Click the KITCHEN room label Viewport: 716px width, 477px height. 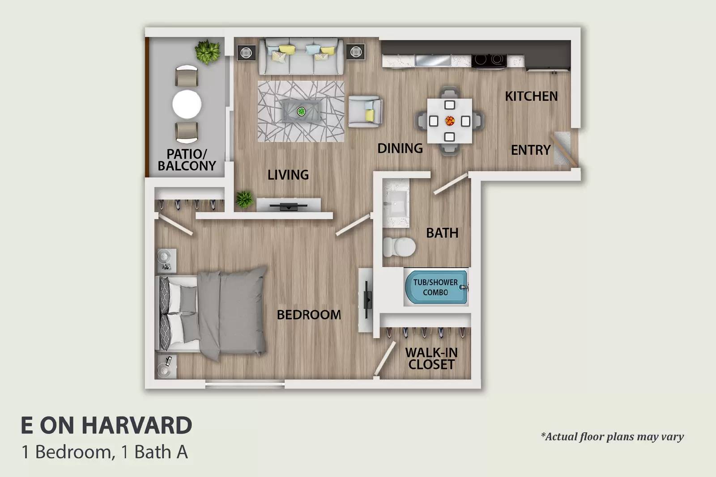coord(531,96)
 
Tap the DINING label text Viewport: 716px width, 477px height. coord(400,148)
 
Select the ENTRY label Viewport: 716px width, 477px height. coord(531,150)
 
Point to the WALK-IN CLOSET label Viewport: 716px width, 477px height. coord(431,359)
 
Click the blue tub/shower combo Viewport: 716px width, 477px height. coord(436,287)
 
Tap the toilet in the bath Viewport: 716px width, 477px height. coord(399,247)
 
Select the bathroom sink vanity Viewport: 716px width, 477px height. coord(396,203)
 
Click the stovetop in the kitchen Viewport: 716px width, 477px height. coord(489,60)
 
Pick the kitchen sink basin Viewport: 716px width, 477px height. coord(433,60)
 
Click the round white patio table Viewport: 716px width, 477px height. coord(187,105)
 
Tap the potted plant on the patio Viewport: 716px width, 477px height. coord(208,52)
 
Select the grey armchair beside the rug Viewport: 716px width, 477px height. coord(365,111)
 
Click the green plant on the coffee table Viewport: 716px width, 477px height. coord(301,111)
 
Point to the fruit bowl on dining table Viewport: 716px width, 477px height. coord(450,121)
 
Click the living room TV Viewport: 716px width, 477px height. coord(289,207)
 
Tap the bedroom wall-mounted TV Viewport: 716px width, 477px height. coord(367,300)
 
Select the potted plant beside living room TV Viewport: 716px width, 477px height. coord(244,199)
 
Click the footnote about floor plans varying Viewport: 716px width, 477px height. coord(612,437)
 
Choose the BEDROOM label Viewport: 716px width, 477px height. coord(309,315)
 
